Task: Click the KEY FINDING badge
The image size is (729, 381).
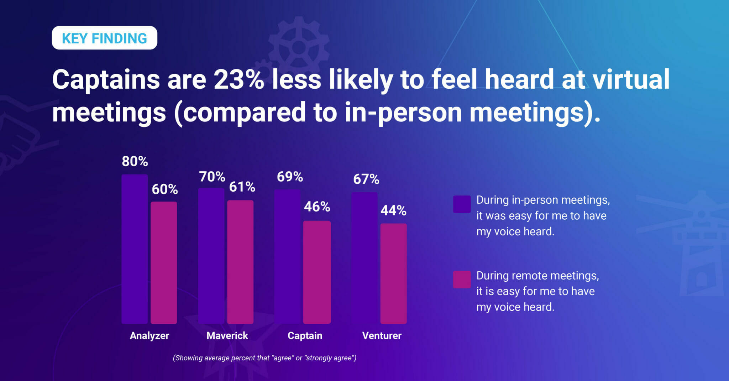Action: pos(104,38)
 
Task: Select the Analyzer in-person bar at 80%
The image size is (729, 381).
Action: pos(135,249)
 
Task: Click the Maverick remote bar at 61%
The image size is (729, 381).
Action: pos(240,262)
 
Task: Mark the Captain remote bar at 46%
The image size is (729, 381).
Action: pos(317,272)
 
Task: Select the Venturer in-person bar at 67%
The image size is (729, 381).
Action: pos(364,258)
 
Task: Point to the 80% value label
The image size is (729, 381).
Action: pos(135,161)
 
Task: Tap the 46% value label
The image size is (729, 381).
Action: pos(317,207)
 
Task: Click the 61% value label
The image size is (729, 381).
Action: pos(242,187)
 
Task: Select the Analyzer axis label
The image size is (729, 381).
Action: pos(149,335)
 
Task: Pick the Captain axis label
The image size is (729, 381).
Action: pos(305,335)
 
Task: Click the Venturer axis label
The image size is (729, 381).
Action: pos(382,335)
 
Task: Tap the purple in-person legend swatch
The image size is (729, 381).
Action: pos(462,204)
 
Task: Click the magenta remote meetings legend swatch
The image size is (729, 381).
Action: pos(462,280)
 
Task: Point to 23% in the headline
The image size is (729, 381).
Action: pos(238,79)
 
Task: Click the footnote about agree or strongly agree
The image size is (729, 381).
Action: pos(264,358)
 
